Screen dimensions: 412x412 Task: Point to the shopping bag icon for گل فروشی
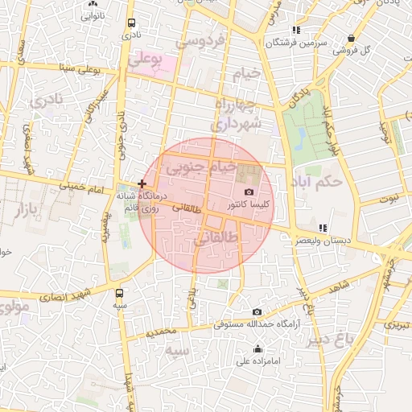(x=351, y=38)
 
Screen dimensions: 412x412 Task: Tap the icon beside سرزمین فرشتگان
(x=296, y=29)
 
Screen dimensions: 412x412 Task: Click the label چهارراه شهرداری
(x=235, y=115)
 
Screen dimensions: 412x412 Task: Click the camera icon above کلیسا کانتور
(x=249, y=192)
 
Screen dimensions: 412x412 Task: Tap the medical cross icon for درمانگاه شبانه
(x=142, y=184)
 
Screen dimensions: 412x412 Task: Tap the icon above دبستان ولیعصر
(x=323, y=228)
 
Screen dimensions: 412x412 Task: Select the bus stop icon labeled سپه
(x=120, y=293)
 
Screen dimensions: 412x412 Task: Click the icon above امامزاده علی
(x=257, y=348)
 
